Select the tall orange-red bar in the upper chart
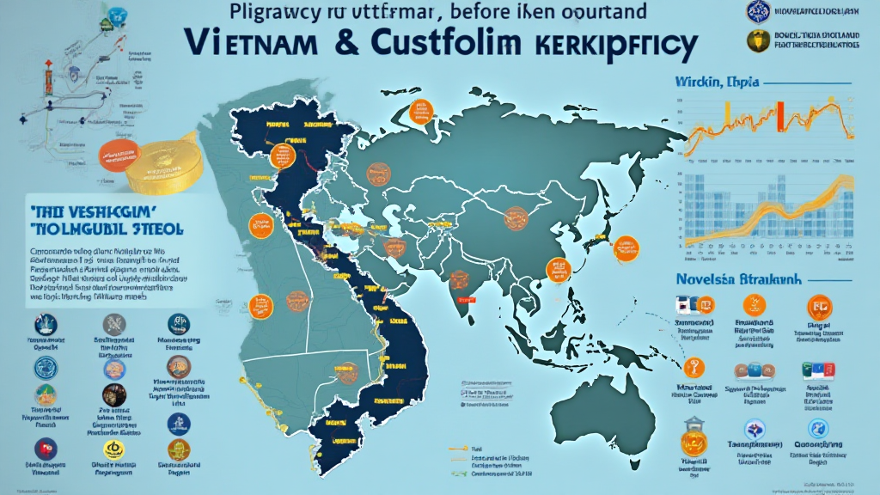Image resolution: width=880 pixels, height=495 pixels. click(782, 116)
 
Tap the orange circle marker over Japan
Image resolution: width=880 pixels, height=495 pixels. click(627, 247)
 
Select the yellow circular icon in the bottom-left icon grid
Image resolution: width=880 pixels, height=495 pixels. click(112, 449)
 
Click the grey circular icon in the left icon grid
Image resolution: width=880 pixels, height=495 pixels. click(114, 324)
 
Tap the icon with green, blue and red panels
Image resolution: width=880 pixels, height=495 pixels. click(813, 371)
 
